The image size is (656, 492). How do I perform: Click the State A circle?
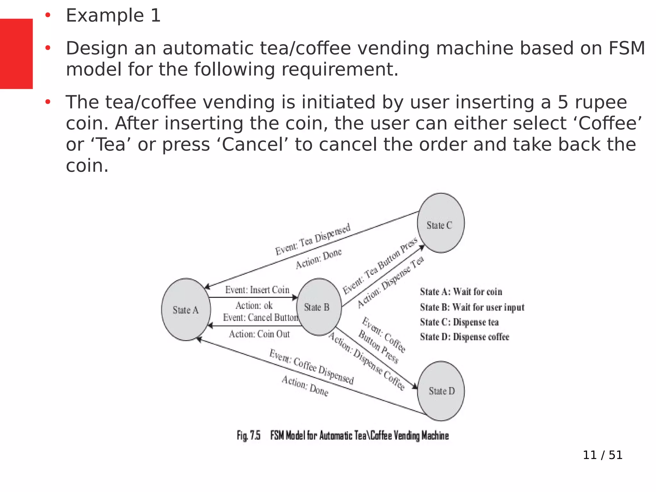186,309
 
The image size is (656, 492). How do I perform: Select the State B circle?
319,307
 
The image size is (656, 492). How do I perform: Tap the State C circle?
441,223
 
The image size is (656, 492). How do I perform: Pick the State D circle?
441,391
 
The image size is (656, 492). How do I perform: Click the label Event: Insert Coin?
257,290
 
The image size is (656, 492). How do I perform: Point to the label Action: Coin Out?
259,334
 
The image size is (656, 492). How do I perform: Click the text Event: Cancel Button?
260,317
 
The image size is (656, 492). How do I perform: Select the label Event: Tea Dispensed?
313,239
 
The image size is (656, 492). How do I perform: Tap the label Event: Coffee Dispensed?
311,367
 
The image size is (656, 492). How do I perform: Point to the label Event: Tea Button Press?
380,266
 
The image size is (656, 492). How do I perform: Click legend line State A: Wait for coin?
461,292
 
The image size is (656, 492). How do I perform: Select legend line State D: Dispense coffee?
464,337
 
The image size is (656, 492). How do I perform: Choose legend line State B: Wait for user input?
472,307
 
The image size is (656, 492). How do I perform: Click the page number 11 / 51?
603,455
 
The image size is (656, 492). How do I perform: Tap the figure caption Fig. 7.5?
248,436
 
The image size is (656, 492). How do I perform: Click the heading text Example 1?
113,16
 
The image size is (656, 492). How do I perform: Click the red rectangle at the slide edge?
16,53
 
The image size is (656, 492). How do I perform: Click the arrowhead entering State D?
415,387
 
